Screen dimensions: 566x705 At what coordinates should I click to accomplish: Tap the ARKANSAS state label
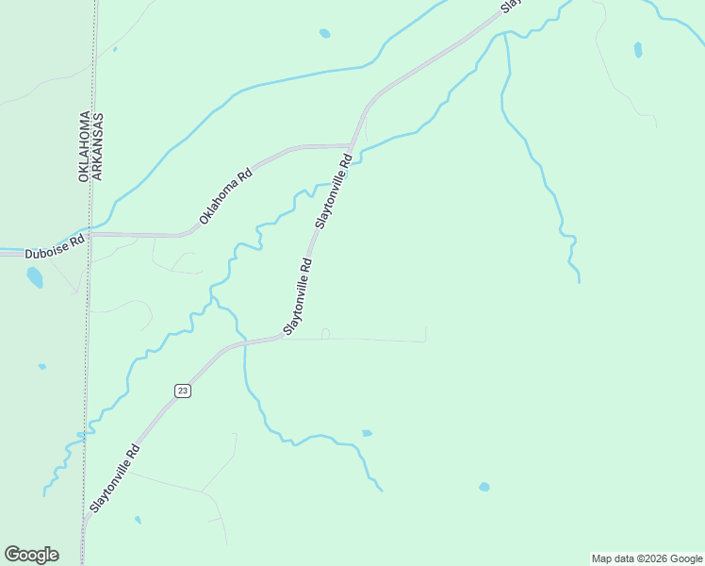[x=97, y=147]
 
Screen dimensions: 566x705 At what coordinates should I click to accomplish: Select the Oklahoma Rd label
[x=226, y=196]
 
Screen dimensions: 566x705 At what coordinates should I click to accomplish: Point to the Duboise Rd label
[x=55, y=247]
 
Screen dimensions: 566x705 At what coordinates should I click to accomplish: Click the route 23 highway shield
[x=183, y=391]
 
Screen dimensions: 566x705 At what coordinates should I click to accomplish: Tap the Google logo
[x=31, y=555]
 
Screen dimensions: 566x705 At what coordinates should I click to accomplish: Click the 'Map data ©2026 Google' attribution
[x=647, y=558]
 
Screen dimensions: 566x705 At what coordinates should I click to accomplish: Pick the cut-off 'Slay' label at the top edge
[x=510, y=5]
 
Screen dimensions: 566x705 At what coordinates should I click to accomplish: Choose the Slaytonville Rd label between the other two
[x=298, y=296]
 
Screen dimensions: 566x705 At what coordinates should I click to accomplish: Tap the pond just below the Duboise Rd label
[x=35, y=276]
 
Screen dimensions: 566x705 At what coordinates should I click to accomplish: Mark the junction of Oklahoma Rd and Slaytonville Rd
[x=352, y=146]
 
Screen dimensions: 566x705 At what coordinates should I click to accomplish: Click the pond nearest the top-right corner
[x=638, y=49]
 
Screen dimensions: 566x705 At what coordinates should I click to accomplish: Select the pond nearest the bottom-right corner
[x=484, y=487]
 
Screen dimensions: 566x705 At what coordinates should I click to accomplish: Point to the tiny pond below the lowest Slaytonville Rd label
[x=138, y=519]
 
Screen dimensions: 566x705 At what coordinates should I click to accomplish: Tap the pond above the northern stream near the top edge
[x=324, y=33]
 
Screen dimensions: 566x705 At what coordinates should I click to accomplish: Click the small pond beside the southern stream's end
[x=367, y=433]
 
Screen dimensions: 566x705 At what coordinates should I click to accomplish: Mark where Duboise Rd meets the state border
[x=90, y=233]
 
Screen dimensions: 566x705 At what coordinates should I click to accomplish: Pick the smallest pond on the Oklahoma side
[x=41, y=366]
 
